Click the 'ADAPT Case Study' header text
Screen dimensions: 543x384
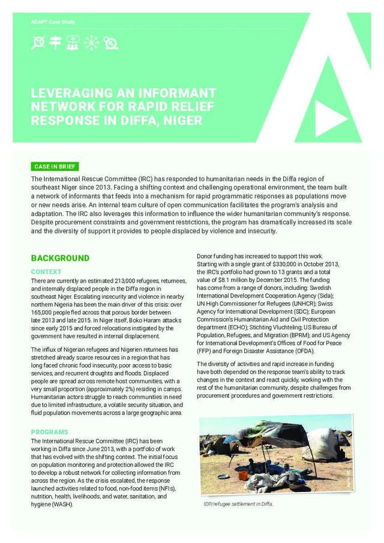pyautogui.click(x=53, y=22)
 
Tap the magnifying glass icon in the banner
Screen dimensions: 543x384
pyautogui.click(x=38, y=43)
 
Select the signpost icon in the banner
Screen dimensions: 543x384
pyautogui.click(x=56, y=43)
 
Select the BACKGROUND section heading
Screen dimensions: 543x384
pyautogui.click(x=60, y=259)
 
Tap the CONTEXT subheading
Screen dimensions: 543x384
pyautogui.click(x=46, y=272)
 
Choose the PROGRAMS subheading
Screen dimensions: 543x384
pyautogui.click(x=49, y=432)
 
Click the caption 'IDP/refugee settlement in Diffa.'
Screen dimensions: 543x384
pyautogui.click(x=239, y=504)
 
